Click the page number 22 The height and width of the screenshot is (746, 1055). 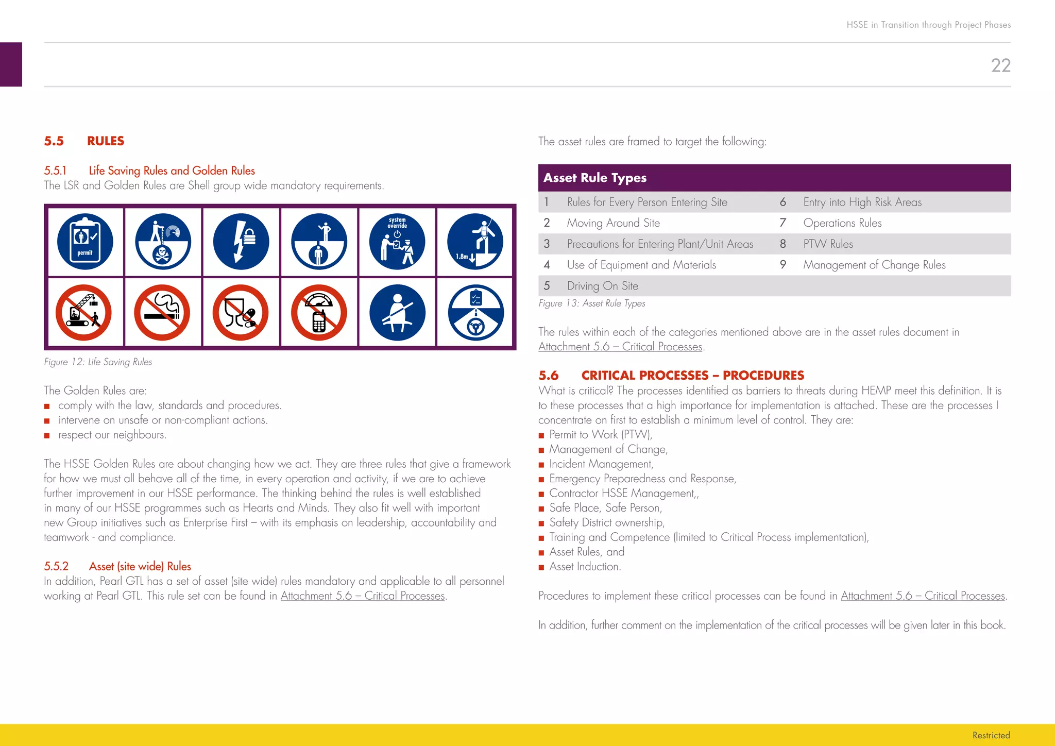[x=1000, y=65]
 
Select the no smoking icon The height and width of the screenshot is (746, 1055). [x=162, y=313]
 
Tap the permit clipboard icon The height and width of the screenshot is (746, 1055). [x=85, y=242]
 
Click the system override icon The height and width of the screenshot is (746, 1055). [x=397, y=242]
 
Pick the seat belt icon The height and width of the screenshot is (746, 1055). [x=397, y=313]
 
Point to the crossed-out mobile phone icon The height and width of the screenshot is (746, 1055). [x=319, y=313]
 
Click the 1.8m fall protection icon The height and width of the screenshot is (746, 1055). [x=475, y=242]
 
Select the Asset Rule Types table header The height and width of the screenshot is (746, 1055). [x=595, y=178]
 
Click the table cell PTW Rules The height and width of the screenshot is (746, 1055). [x=828, y=244]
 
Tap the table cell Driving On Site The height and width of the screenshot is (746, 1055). [x=602, y=286]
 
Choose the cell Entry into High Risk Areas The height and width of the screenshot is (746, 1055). [x=862, y=202]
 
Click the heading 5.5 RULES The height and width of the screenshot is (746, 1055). [x=84, y=141]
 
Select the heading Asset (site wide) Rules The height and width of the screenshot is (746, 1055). [x=140, y=566]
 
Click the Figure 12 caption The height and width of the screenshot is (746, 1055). [x=98, y=362]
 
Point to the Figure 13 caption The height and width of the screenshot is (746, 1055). [x=591, y=303]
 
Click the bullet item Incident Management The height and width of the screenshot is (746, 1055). [x=601, y=464]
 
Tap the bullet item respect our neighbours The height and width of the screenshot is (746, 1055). [x=112, y=435]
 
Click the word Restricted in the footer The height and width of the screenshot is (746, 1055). [x=991, y=735]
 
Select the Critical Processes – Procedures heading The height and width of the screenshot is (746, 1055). [x=692, y=376]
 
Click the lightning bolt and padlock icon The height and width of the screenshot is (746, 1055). [x=241, y=242]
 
